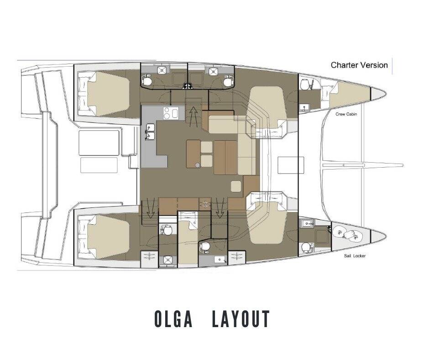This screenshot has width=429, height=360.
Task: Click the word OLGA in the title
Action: coord(176,319)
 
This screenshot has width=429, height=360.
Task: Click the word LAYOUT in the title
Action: coord(241,319)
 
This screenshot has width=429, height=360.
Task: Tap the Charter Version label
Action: coord(359,65)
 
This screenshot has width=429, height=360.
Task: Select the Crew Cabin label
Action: coord(346,114)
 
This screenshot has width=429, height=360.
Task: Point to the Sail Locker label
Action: coord(355,256)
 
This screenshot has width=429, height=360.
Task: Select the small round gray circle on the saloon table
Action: coord(197,164)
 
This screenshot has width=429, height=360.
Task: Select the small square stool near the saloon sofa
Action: coord(236,186)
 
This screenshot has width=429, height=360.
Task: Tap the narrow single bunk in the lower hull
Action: coord(187,240)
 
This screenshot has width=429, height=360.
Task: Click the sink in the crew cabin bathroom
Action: coord(305,108)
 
